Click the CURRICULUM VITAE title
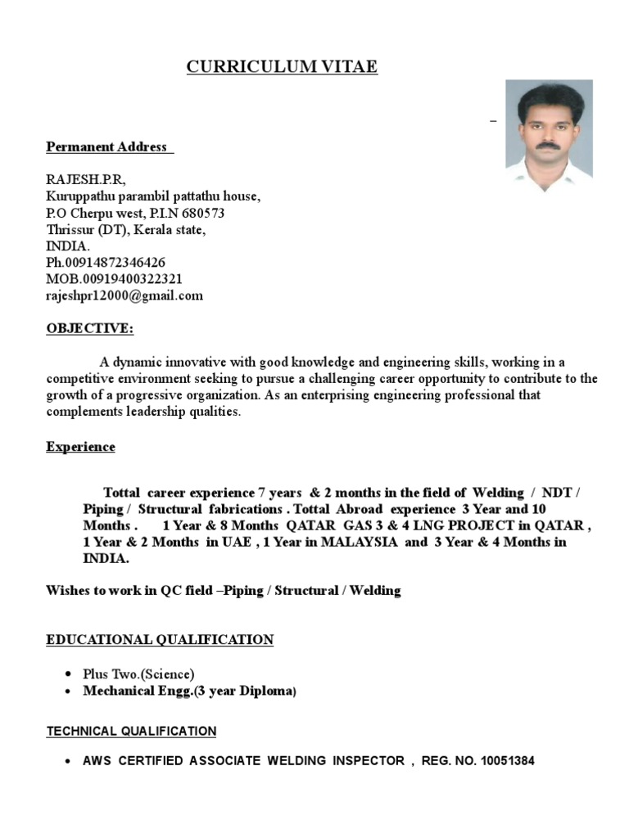[282, 67]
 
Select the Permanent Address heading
[109, 147]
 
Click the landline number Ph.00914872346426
[106, 263]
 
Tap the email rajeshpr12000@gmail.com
[124, 295]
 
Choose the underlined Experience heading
[80, 447]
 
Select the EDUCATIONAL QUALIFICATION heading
[160, 639]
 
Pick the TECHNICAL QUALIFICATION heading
[131, 731]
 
